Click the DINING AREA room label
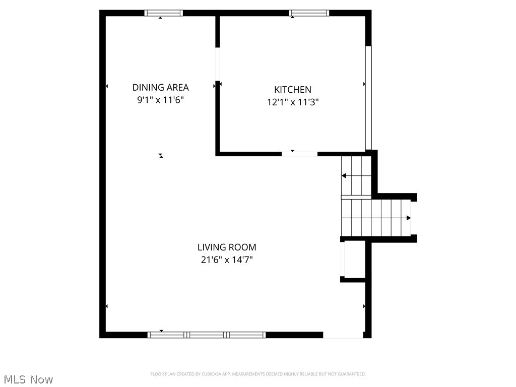pos(160,87)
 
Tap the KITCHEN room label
pos(292,89)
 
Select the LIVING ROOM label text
pos(226,247)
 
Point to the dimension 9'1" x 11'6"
pos(160,100)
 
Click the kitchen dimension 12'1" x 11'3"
pos(292,102)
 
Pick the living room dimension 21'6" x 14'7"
pos(226,260)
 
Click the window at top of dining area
pos(164,13)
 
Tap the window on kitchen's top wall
pos(309,13)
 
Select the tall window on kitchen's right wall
pos(368,98)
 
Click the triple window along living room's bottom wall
pos(207,335)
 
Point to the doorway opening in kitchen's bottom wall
pos(299,153)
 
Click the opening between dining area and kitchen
pos(218,64)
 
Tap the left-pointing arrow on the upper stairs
pos(344,175)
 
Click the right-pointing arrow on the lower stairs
pos(408,218)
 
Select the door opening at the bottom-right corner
pos(343,335)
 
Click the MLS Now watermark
pos(28,379)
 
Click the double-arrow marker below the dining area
pos(161,156)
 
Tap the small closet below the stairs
pos(354,260)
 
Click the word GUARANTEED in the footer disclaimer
pos(352,374)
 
